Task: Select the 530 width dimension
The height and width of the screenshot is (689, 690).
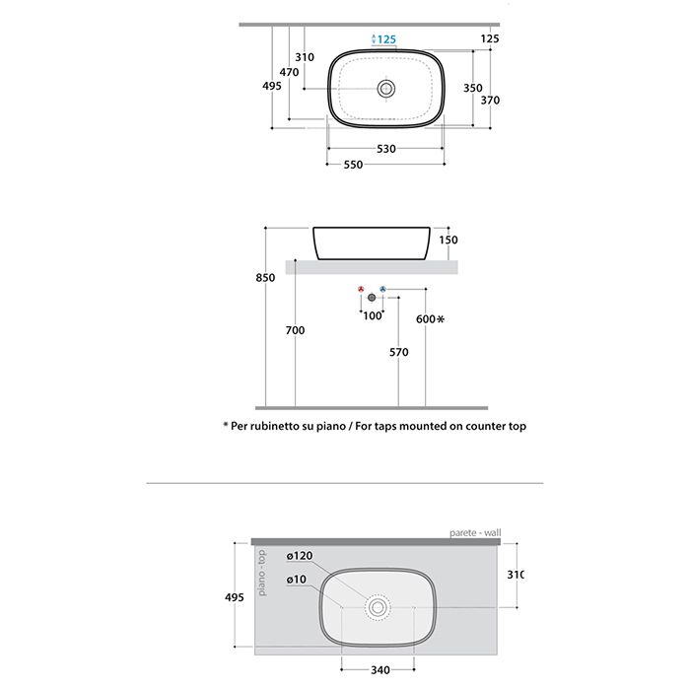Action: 386,149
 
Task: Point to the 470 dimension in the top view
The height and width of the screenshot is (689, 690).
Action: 289,72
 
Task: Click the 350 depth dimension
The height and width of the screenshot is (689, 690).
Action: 473,87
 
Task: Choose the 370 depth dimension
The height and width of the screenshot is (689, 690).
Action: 490,100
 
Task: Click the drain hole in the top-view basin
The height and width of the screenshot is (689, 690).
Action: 385,89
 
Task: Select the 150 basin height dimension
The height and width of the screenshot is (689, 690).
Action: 448,240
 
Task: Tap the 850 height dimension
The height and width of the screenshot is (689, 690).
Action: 265,278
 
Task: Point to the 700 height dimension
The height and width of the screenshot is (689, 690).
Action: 295,329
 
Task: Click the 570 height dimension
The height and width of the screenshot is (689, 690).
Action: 398,351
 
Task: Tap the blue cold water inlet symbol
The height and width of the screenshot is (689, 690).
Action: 382,290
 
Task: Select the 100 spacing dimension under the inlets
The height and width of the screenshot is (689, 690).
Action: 372,315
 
